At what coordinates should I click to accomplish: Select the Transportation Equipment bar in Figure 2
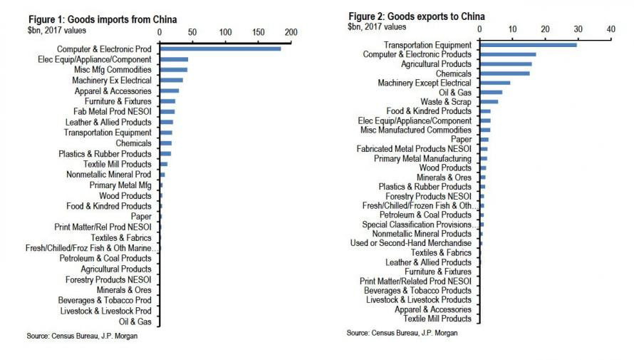[x=527, y=45]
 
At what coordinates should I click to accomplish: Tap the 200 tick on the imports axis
[x=291, y=32]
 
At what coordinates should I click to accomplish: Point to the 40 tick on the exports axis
[x=610, y=29]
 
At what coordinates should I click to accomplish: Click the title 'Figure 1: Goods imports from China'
[x=103, y=19]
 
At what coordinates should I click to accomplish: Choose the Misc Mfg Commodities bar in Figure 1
[x=174, y=70]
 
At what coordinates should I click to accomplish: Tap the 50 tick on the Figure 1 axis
[x=192, y=32]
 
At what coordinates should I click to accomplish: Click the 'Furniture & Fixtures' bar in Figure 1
[x=167, y=101]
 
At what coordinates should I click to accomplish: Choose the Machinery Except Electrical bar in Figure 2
[x=495, y=83]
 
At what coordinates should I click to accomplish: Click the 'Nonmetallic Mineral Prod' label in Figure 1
[x=109, y=174]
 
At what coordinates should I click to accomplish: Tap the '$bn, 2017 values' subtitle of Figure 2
[x=378, y=27]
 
